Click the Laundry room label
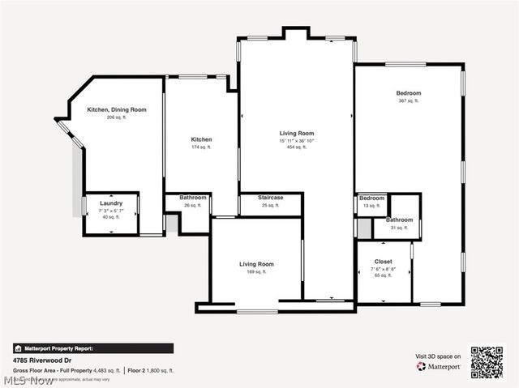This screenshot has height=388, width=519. tap(111, 203)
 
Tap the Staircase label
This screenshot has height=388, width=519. tap(270, 198)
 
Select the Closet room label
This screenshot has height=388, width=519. tap(383, 262)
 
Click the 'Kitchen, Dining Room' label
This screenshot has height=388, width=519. tap(117, 109)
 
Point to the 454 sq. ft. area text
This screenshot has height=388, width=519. tap(295, 147)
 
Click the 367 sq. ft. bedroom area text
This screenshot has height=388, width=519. tap(408, 100)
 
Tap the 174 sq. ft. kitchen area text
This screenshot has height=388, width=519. tap(201, 147)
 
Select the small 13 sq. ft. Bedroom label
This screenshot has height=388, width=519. tap(371, 198)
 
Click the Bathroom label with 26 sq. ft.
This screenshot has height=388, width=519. tap(193, 198)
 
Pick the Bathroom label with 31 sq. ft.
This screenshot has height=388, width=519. tap(399, 220)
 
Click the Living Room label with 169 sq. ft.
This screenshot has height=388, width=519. tap(256, 264)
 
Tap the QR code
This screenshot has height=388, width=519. tap(487, 361)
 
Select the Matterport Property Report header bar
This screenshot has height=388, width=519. tap(92, 348)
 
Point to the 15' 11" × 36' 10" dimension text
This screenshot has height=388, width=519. tap(295, 140)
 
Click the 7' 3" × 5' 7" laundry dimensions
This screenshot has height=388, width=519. tap(111, 210)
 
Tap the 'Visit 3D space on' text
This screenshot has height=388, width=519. tap(439, 356)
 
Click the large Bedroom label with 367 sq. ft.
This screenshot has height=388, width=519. tap(408, 93)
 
